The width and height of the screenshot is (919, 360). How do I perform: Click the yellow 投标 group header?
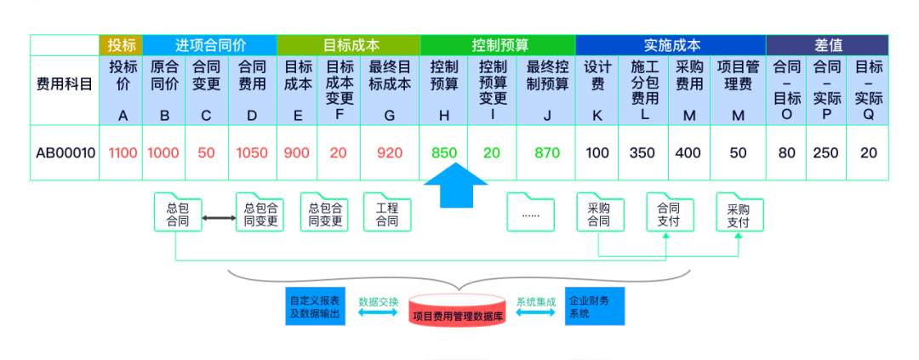coord(121,45)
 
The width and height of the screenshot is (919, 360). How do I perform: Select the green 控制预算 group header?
coord(497,45)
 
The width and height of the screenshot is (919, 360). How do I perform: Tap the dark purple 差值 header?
coord(827,45)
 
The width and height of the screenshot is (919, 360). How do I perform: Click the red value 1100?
coord(123,153)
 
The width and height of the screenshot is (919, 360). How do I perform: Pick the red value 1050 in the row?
coord(252,153)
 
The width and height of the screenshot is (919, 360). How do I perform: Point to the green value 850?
coord(444,153)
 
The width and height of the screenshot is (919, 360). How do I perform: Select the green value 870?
coord(547,153)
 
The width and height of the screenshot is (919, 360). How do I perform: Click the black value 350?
coord(642,153)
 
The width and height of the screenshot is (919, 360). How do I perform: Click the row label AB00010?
coord(66,153)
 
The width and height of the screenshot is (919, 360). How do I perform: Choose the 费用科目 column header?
coord(65,84)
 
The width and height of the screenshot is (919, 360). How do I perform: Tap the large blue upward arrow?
coord(454,186)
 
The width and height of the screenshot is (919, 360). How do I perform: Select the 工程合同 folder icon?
coord(387,213)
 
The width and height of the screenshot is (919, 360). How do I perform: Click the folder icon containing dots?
coord(530,213)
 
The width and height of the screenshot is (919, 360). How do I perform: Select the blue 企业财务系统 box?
coord(594,306)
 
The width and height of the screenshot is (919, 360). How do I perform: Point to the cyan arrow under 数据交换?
coord(378,313)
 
